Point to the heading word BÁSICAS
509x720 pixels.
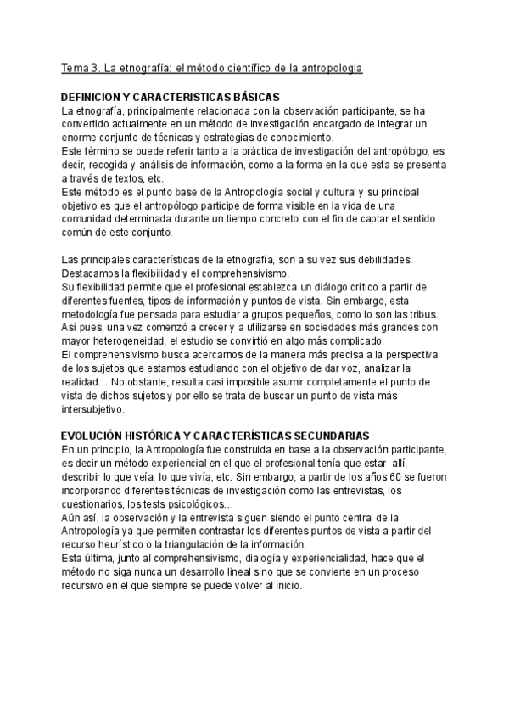(255, 97)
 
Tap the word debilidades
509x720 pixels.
(383, 259)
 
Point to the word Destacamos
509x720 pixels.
(92, 273)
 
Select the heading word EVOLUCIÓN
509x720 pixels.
(96, 436)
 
